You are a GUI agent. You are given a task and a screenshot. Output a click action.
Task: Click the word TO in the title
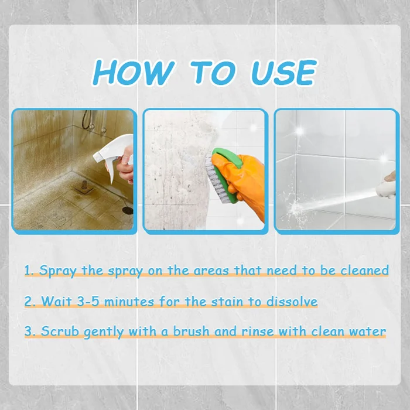[213, 73]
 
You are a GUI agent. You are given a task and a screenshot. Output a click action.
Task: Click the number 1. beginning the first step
[29, 271]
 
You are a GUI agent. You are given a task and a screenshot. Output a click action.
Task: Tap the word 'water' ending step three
[367, 332]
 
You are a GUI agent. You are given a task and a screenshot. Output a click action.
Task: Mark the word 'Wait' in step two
[54, 302]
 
